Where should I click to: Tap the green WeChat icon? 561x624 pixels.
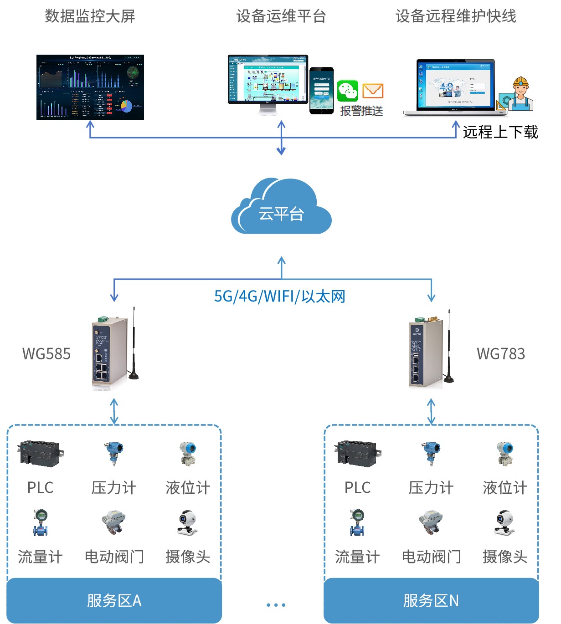click(x=348, y=91)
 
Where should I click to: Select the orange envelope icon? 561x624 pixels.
click(x=373, y=91)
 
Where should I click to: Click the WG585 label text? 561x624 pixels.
click(x=46, y=354)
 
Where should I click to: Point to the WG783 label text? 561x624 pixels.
click(x=501, y=354)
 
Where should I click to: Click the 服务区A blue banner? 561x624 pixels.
click(x=114, y=601)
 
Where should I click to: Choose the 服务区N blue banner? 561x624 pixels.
click(x=431, y=601)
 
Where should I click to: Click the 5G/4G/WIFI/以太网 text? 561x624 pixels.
click(x=279, y=297)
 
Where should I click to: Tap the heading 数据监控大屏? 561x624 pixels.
click(x=90, y=16)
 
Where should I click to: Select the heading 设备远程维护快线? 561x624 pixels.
click(x=456, y=16)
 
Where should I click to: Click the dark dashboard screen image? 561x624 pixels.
click(x=90, y=87)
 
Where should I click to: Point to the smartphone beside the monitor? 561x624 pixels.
click(x=322, y=90)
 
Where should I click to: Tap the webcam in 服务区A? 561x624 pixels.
click(x=187, y=522)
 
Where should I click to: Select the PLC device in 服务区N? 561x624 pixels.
click(x=357, y=453)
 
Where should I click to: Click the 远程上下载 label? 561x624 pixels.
click(x=500, y=132)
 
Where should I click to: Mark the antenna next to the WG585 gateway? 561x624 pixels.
click(x=134, y=346)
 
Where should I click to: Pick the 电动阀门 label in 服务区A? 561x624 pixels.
click(x=114, y=557)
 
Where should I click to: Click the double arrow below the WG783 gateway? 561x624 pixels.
click(x=431, y=411)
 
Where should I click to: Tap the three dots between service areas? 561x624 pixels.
click(x=276, y=605)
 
